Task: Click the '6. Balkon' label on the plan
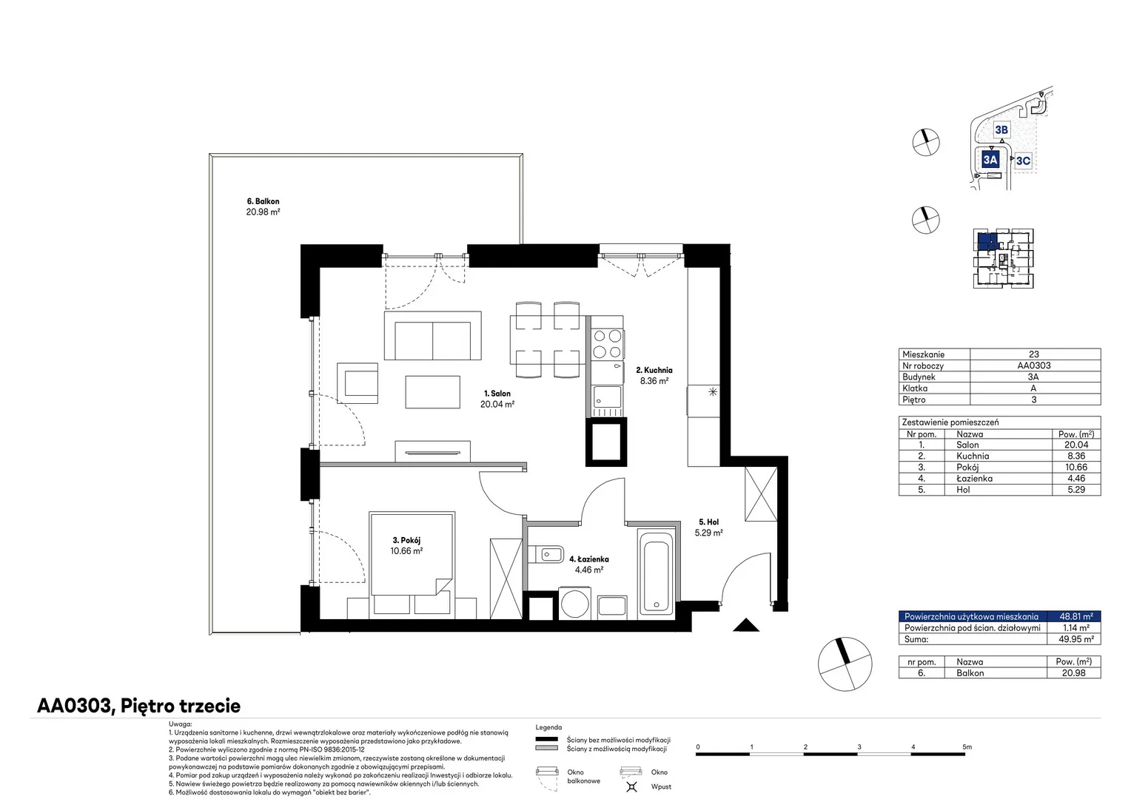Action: click(x=263, y=201)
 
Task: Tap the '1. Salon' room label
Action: click(x=497, y=394)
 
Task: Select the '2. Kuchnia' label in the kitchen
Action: click(x=654, y=371)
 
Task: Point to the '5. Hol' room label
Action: click(x=709, y=522)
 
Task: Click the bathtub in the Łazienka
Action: click(x=656, y=573)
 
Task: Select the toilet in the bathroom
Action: click(x=546, y=554)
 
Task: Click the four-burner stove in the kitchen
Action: click(x=608, y=344)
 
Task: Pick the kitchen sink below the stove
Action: click(x=608, y=397)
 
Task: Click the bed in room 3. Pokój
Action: click(x=412, y=564)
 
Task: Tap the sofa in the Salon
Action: click(x=433, y=336)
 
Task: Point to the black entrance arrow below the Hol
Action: click(x=746, y=625)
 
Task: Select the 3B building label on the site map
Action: click(x=1001, y=130)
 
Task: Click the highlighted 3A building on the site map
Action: click(x=990, y=160)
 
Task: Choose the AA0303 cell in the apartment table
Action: click(x=1033, y=365)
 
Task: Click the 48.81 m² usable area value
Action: click(x=1076, y=616)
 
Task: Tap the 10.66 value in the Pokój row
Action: click(x=1076, y=468)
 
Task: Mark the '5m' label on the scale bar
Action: click(x=967, y=747)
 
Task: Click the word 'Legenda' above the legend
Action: click(x=548, y=727)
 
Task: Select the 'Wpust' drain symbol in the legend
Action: click(x=631, y=786)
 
